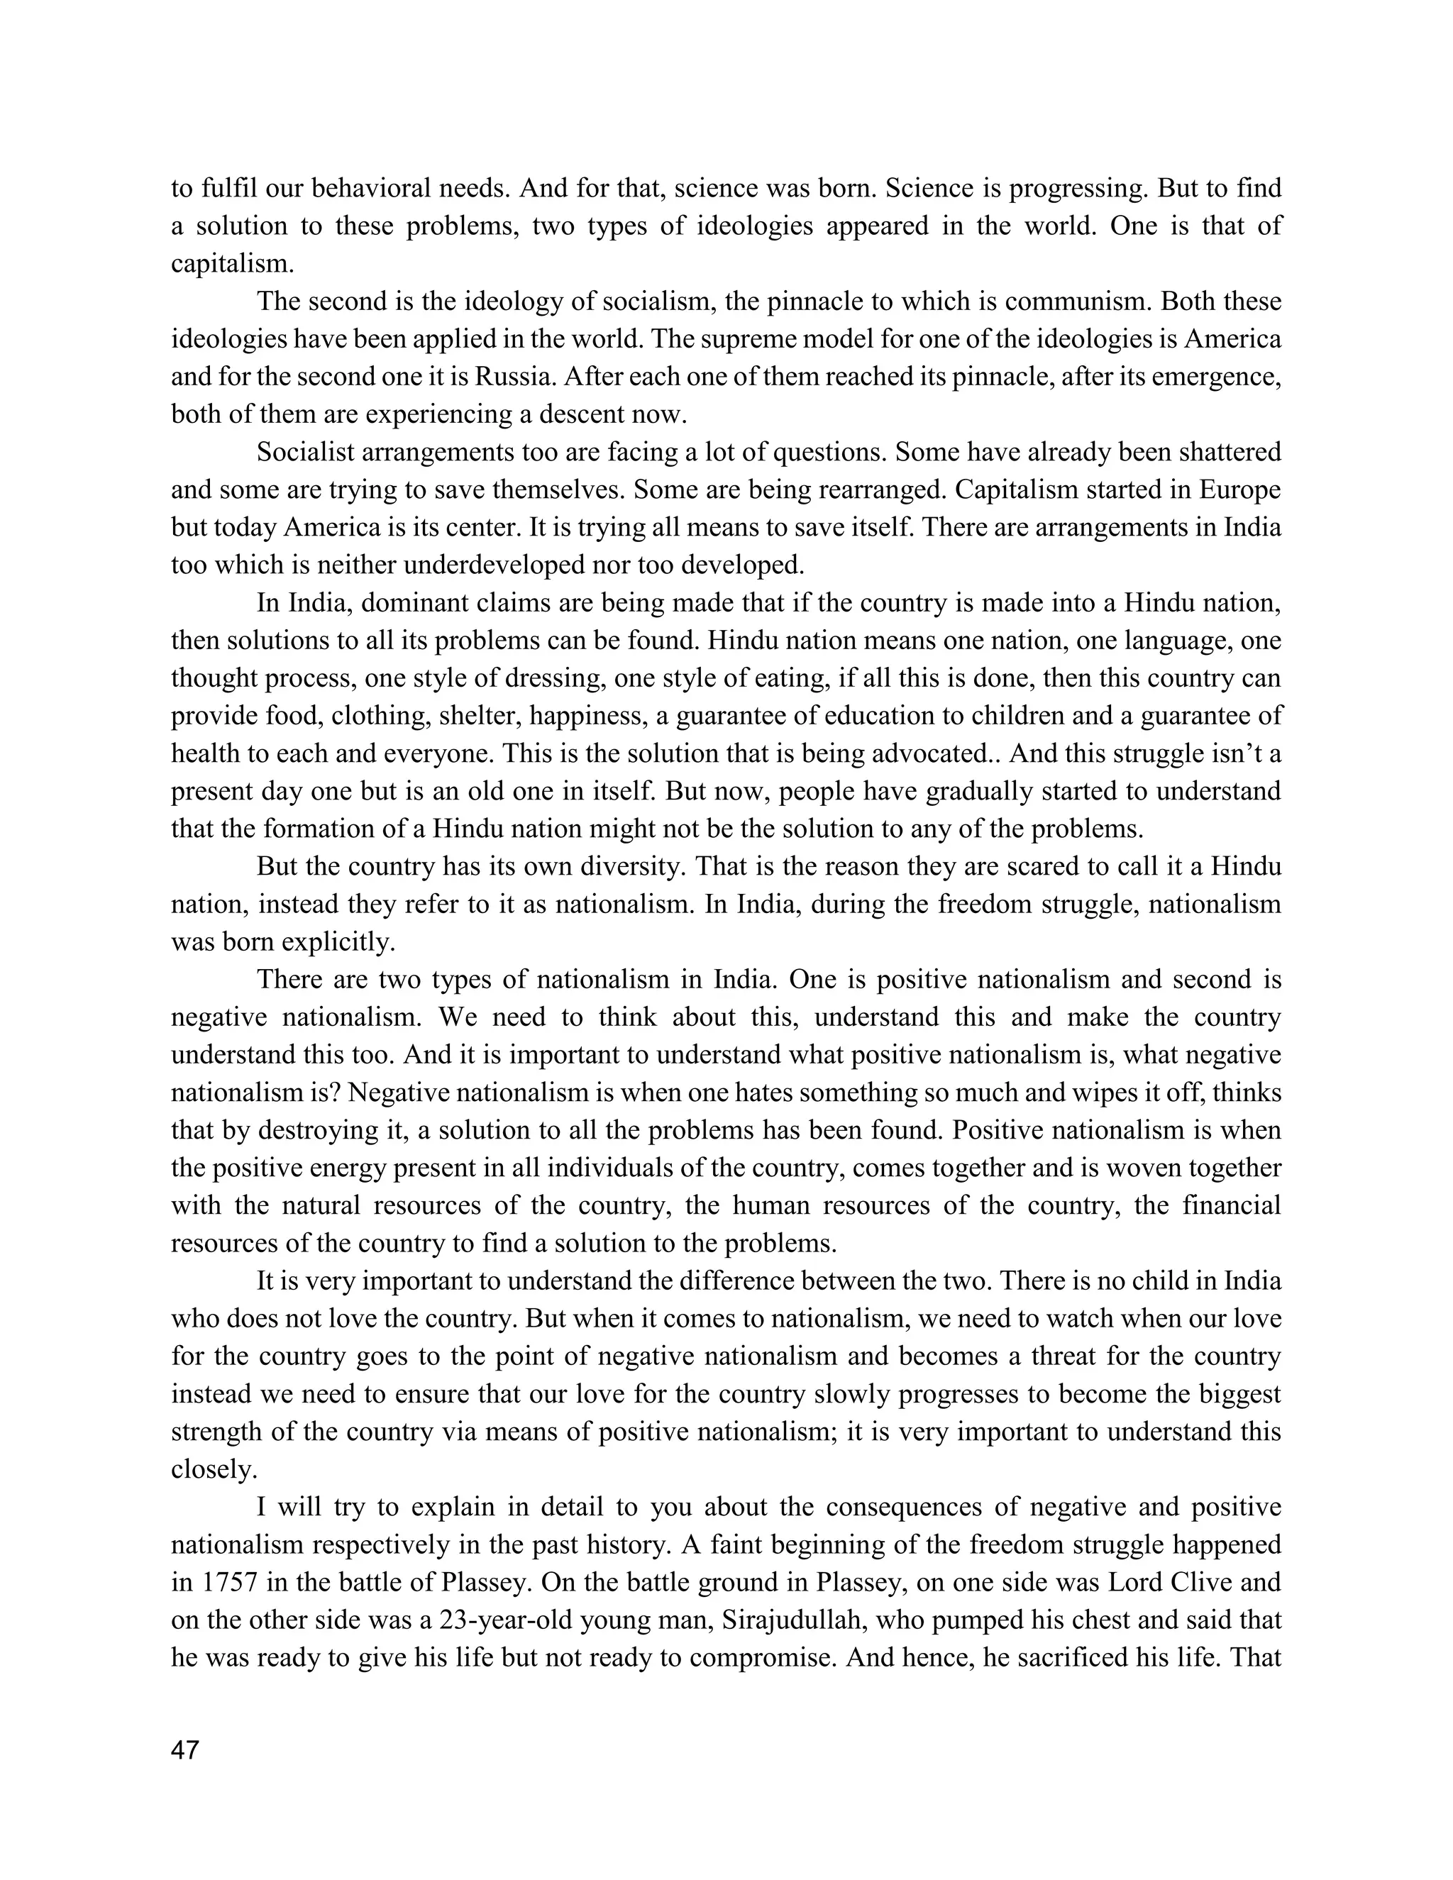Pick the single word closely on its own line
pyautogui.click(x=214, y=1469)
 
